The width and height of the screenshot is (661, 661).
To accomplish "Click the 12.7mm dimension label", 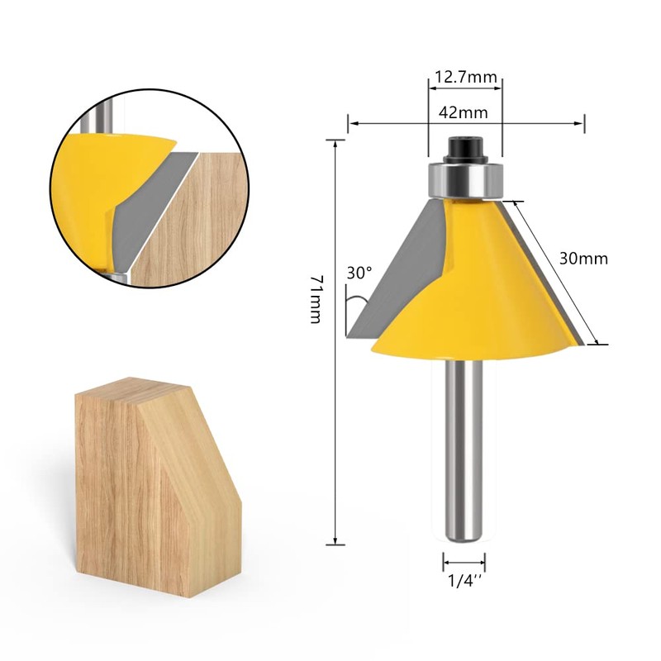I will coord(465,78).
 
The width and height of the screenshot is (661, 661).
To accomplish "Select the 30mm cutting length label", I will coord(583,259).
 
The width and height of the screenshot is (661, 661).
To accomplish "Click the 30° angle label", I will coord(359,272).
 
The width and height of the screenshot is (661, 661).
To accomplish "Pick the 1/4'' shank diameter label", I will coord(464,581).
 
